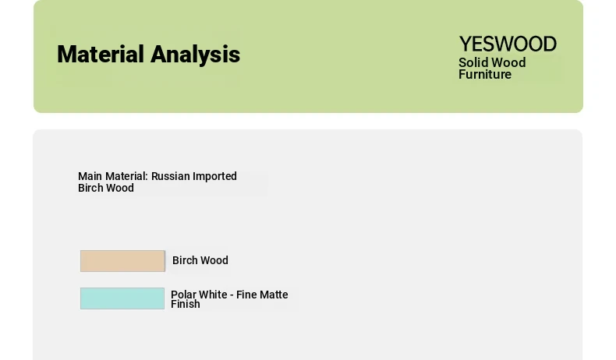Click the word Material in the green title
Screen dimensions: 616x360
coord(101,54)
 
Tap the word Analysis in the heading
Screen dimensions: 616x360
coord(195,55)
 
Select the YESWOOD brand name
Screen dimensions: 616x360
coord(508,44)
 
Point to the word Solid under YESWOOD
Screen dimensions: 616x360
coord(473,62)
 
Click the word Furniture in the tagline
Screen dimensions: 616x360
coord(485,74)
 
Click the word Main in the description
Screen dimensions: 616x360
coord(90,176)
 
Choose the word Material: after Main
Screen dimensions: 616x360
coord(126,176)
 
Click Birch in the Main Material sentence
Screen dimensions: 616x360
coord(90,188)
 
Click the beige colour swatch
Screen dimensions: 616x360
coord(122,261)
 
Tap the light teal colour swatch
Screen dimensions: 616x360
coord(122,298)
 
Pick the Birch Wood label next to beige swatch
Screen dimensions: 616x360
coord(200,260)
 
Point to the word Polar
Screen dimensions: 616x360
coord(182,295)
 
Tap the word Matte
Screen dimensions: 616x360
coord(274,295)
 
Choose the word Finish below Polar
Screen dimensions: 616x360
coord(186,304)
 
